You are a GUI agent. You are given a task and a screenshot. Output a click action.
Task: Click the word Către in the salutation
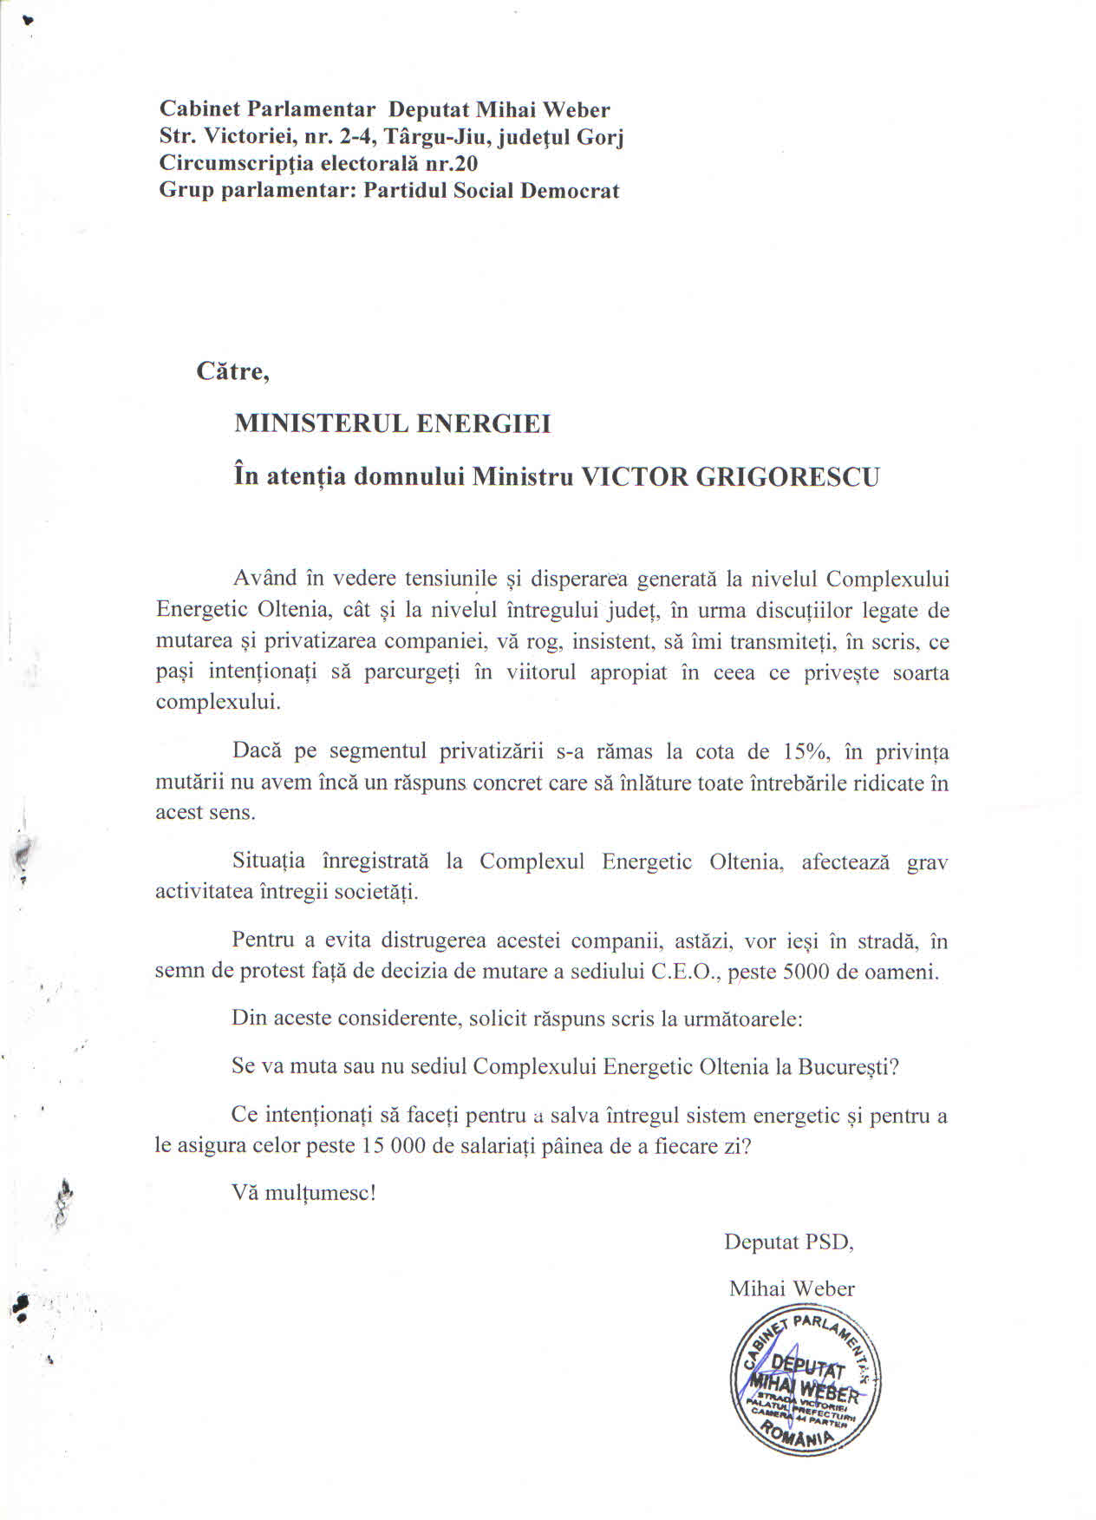tap(232, 371)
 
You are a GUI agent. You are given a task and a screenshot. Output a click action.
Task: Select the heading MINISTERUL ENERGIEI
tap(392, 423)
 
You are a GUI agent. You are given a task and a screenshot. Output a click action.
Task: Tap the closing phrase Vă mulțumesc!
tap(303, 1192)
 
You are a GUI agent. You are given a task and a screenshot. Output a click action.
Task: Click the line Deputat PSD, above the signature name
tap(788, 1242)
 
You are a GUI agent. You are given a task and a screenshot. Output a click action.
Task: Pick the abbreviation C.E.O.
tap(684, 971)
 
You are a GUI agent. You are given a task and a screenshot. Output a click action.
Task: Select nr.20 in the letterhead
tap(450, 164)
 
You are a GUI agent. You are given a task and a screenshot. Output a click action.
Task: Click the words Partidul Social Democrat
tap(491, 191)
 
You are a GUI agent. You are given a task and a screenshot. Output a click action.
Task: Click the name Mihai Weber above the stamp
tap(791, 1288)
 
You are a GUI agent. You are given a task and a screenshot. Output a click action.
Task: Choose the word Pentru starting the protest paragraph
tap(263, 940)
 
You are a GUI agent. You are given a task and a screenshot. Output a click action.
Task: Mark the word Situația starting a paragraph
tap(268, 862)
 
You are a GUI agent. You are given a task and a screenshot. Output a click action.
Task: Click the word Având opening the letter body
tap(264, 579)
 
